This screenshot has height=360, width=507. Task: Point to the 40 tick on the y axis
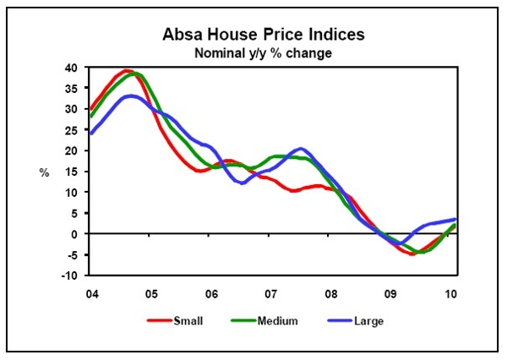72,68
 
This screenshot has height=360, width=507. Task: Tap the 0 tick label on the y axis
74,234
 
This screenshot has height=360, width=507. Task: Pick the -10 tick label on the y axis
70,275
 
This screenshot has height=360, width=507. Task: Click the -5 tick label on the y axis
72,255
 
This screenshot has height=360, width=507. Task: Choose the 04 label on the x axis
90,292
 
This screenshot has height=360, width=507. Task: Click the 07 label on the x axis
273,292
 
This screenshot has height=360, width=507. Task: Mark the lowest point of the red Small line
412,254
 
